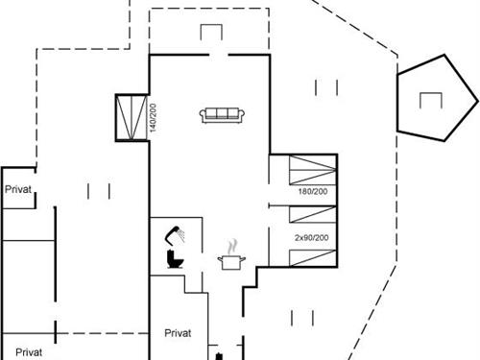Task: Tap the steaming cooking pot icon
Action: click(x=230, y=257)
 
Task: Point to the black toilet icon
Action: click(x=175, y=258)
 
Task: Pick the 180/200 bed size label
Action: click(x=312, y=191)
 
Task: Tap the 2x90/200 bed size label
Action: click(x=311, y=237)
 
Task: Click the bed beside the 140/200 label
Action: click(x=130, y=117)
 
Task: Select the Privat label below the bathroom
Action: click(x=178, y=332)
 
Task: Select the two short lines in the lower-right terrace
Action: click(x=303, y=317)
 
